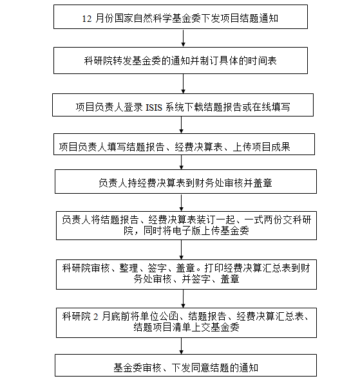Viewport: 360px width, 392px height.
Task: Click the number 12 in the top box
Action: (87, 19)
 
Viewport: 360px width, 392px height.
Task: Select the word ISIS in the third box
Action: (154, 107)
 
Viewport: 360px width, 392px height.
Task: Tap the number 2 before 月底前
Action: (96, 317)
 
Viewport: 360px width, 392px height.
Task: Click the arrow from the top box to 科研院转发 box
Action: (183, 38)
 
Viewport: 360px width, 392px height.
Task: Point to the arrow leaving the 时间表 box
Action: (183, 84)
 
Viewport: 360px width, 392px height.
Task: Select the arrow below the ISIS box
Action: (182, 125)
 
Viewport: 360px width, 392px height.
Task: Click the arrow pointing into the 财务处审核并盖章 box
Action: (182, 162)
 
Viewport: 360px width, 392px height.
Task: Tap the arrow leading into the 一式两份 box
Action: (182, 203)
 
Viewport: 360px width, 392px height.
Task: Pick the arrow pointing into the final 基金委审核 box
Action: (182, 346)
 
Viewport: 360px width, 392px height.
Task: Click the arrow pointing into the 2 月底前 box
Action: (183, 299)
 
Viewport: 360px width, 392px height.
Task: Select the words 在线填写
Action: (271, 107)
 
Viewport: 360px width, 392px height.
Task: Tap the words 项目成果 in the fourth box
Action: (271, 147)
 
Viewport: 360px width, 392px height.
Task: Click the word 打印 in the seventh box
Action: (214, 268)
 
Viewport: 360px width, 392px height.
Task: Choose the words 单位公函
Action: (159, 317)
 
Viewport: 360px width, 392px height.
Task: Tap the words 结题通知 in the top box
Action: (259, 19)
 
